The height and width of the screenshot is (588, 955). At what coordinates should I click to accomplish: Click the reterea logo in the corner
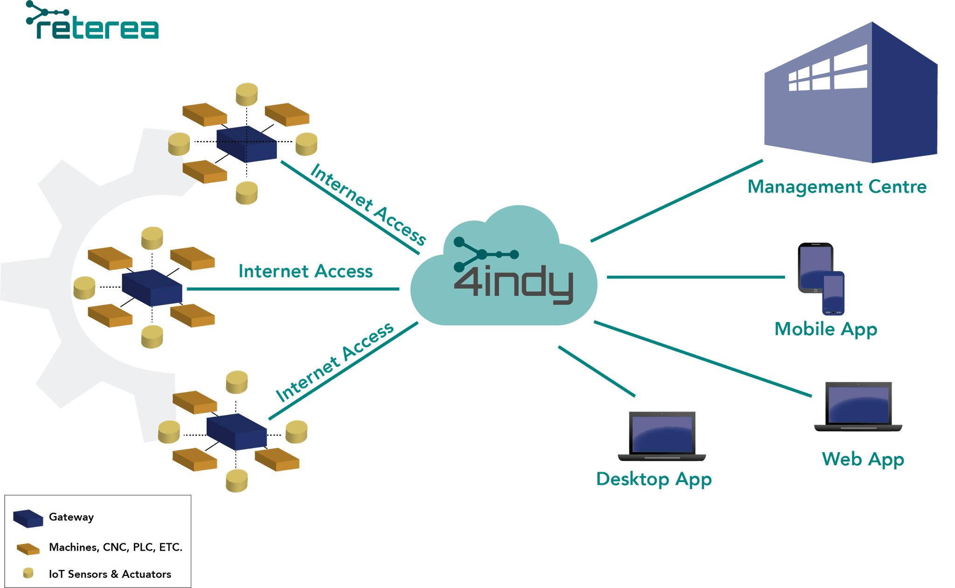tap(92, 21)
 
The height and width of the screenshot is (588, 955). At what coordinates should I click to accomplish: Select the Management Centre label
tap(837, 187)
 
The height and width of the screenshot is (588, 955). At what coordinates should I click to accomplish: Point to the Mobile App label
tap(826, 329)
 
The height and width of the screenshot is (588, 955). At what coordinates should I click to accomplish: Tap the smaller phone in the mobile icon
tap(833, 293)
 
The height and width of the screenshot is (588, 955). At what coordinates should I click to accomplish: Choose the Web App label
tap(863, 460)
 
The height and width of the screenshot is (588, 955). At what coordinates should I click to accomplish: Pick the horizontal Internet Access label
tap(305, 271)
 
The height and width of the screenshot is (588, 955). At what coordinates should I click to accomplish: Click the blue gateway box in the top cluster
tap(247, 144)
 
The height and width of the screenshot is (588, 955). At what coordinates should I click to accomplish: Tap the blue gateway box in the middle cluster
tap(152, 288)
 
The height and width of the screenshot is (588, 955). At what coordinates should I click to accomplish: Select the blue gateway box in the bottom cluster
tap(236, 432)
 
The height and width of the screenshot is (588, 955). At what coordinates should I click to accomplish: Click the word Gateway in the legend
tap(71, 517)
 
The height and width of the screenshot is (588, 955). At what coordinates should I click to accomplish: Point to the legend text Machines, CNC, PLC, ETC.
tap(116, 547)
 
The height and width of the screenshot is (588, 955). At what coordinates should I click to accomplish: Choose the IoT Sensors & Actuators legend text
tap(110, 574)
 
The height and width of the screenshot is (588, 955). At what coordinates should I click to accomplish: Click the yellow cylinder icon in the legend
tap(28, 573)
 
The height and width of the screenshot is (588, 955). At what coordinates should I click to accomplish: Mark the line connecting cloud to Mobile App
tap(696, 277)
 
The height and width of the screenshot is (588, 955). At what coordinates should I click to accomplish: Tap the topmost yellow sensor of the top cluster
tap(247, 94)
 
